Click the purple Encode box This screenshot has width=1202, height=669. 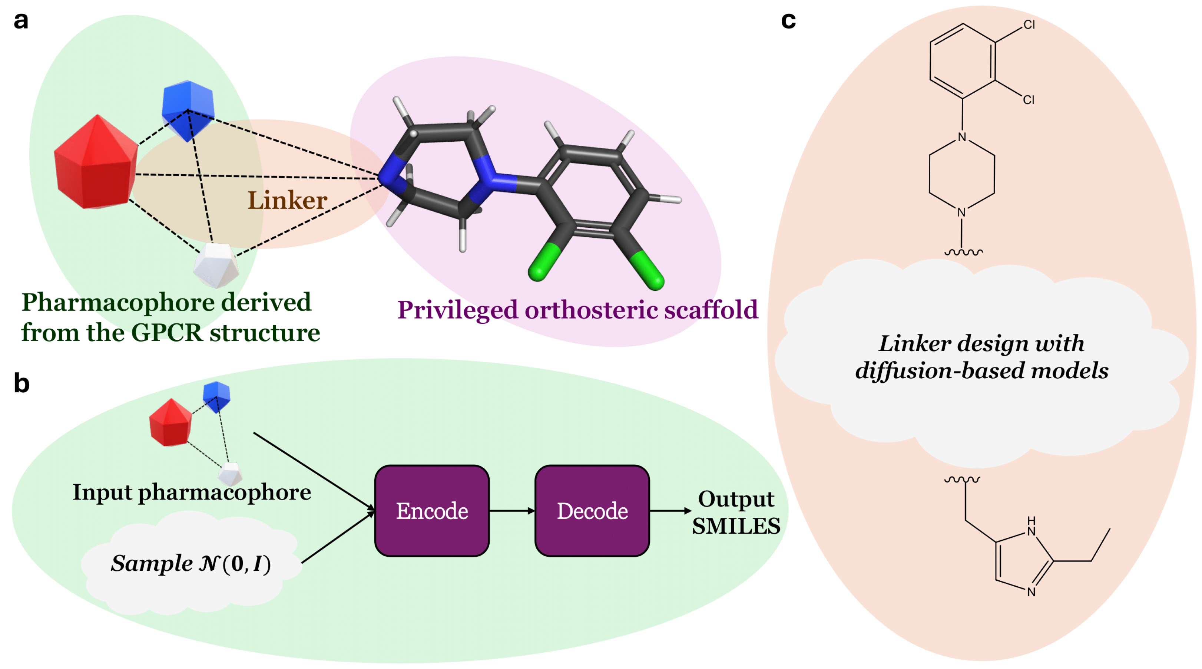point(432,511)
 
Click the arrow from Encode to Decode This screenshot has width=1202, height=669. point(512,511)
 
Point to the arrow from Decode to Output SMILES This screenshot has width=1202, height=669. point(670,511)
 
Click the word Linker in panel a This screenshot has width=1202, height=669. point(287,201)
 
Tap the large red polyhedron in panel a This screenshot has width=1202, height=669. point(96,164)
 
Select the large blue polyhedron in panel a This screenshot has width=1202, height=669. point(188,110)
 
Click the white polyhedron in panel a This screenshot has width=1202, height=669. point(216,265)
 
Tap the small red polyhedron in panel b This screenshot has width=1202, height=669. point(170,422)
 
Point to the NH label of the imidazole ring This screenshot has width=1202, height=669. point(1031,527)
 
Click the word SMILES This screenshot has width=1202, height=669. point(736,526)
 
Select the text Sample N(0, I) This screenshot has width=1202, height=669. point(191,563)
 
